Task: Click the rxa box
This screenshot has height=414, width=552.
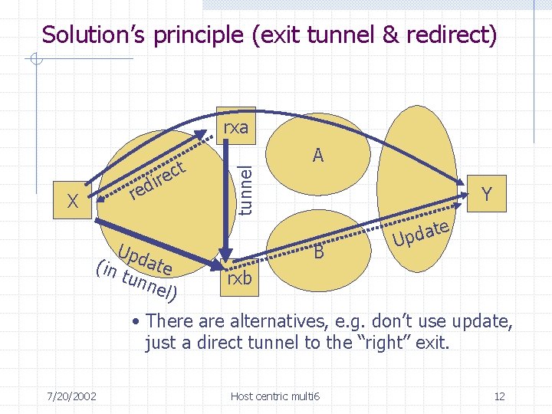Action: [x=235, y=127]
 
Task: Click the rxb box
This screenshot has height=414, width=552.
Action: [x=238, y=278]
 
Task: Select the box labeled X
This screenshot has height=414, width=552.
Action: [x=74, y=202]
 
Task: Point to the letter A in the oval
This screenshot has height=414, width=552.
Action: [x=318, y=156]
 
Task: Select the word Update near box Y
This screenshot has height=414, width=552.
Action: [x=419, y=234]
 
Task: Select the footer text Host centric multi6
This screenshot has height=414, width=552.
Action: [x=276, y=396]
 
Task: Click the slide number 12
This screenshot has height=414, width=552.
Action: [x=499, y=396]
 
